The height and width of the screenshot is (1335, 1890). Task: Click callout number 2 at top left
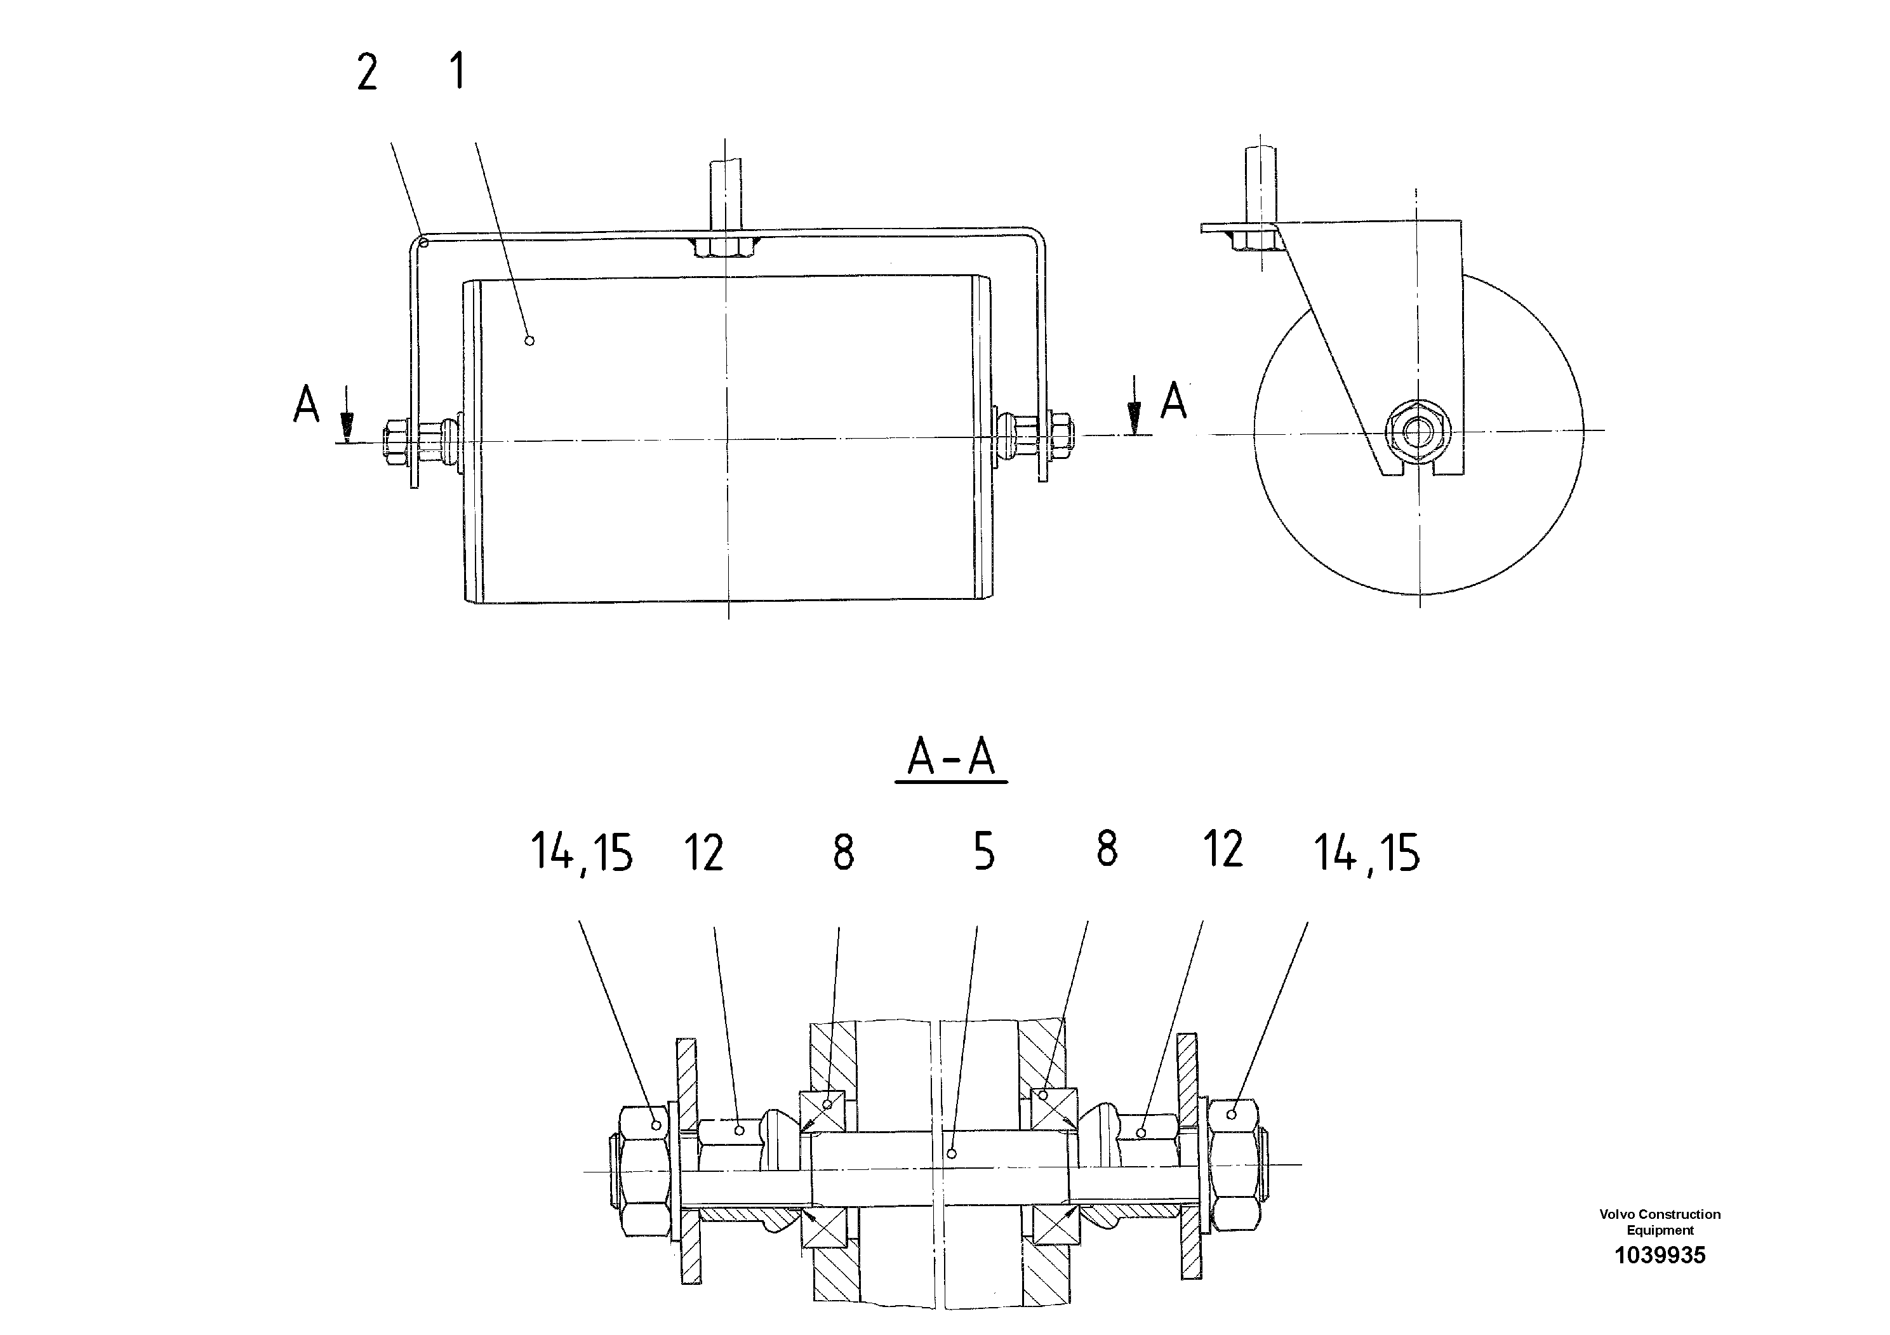(367, 72)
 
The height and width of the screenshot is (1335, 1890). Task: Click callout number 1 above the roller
(458, 72)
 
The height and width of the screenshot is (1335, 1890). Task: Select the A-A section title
(951, 757)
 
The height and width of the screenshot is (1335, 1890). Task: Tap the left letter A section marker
(306, 405)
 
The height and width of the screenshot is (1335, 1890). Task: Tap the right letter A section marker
(1173, 401)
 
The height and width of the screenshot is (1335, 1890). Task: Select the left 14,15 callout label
(581, 852)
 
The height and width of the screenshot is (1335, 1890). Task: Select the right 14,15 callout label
(1366, 852)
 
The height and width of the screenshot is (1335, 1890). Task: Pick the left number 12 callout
(704, 853)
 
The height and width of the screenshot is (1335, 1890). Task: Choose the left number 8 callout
(843, 853)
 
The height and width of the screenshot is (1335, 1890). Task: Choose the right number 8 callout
(1107, 849)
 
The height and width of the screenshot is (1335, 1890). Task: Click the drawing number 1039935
(1660, 1255)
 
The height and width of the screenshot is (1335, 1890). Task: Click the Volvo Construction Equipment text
(1660, 1222)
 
